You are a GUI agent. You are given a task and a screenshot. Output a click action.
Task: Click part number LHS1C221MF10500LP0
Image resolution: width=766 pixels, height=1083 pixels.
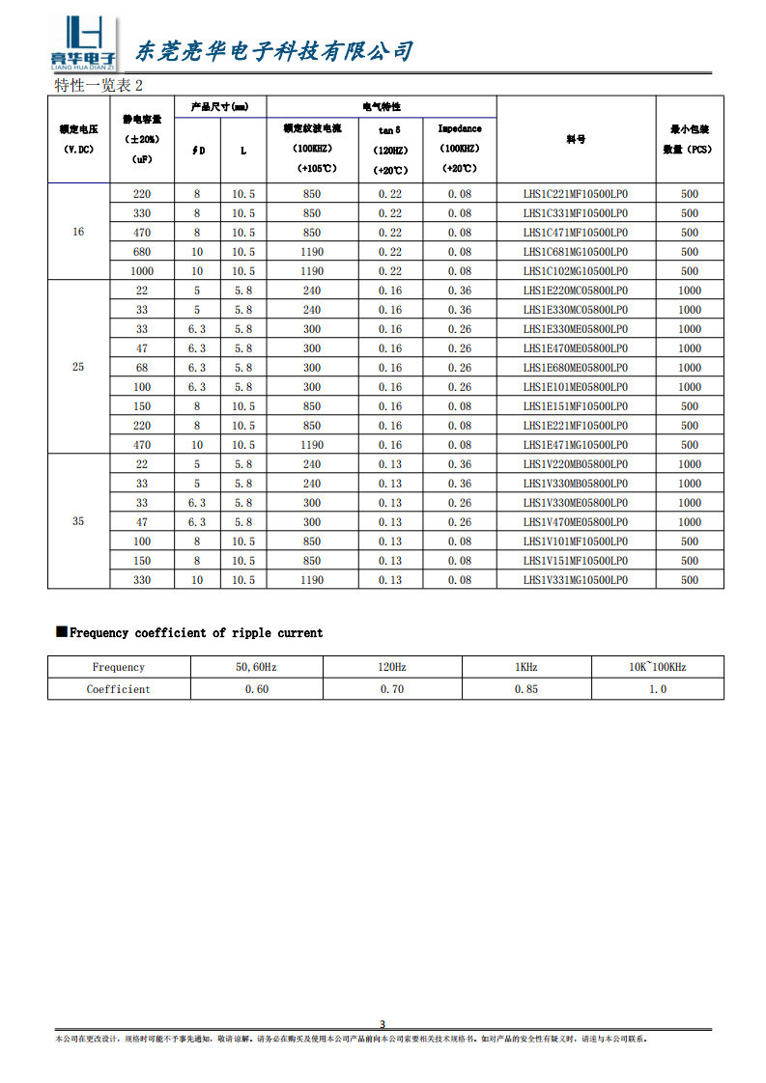(x=576, y=194)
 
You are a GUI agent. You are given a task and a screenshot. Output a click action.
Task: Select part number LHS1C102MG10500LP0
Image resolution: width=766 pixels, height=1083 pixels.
(x=576, y=271)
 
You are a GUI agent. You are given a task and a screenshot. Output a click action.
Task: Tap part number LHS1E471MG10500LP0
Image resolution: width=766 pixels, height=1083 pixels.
(x=576, y=445)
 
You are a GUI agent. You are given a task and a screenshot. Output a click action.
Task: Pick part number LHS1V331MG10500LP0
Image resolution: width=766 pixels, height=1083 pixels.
(x=576, y=580)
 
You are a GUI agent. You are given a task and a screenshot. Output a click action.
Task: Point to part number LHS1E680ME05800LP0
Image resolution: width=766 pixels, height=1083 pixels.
(x=576, y=368)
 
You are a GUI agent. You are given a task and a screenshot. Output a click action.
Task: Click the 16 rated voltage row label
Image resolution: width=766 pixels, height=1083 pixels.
(x=78, y=233)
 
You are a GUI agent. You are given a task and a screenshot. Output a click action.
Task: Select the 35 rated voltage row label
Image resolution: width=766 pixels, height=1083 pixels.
(x=78, y=521)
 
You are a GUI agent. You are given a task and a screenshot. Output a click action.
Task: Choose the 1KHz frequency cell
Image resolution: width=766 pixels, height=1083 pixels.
(x=525, y=667)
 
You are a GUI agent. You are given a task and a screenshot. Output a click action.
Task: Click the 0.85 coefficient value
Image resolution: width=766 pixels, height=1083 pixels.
(x=525, y=689)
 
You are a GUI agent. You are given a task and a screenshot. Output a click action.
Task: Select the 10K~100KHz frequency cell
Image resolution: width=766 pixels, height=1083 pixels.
(x=657, y=667)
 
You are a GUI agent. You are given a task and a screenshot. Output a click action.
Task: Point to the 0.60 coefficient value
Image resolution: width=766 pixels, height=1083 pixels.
(x=257, y=689)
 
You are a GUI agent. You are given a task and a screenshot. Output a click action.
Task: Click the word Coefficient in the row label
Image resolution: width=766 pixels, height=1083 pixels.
(x=119, y=689)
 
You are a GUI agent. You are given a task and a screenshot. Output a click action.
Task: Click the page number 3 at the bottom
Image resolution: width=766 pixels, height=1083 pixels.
(x=383, y=1024)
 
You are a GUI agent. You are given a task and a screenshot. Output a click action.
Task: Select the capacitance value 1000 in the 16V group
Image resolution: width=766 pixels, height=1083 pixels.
(x=142, y=271)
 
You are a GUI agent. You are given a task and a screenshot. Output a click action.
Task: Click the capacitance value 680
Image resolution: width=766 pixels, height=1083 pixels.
(x=142, y=252)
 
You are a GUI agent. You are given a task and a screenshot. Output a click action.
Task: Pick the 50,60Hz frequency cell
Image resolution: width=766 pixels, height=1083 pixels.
(x=257, y=667)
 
